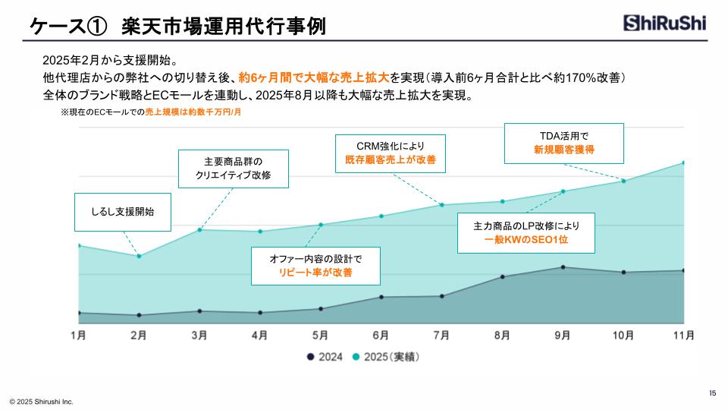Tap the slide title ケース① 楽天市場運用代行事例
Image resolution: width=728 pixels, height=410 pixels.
(x=177, y=26)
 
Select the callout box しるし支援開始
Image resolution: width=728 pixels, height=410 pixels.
(x=122, y=212)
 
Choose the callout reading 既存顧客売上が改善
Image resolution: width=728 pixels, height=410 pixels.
(x=390, y=153)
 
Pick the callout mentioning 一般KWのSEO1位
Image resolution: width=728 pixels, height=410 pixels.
(x=526, y=232)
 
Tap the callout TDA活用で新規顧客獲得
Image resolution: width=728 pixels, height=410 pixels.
(x=563, y=143)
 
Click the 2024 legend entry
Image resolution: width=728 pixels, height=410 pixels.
(x=325, y=356)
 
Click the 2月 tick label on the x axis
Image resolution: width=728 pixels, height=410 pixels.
(x=139, y=335)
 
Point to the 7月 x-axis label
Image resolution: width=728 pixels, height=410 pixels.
(x=441, y=335)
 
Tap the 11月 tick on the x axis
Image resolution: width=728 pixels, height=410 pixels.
(x=683, y=335)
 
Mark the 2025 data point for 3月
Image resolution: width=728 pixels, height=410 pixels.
(x=199, y=229)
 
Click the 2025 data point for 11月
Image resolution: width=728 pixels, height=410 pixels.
(x=683, y=162)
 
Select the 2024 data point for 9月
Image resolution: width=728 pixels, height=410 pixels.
(x=563, y=267)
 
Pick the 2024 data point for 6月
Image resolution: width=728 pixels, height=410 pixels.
(x=381, y=297)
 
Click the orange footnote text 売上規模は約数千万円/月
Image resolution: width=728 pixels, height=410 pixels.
(x=193, y=112)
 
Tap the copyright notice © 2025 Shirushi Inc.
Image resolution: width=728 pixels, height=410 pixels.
(x=41, y=401)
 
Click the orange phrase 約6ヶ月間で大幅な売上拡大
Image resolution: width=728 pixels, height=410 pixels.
(x=314, y=77)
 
